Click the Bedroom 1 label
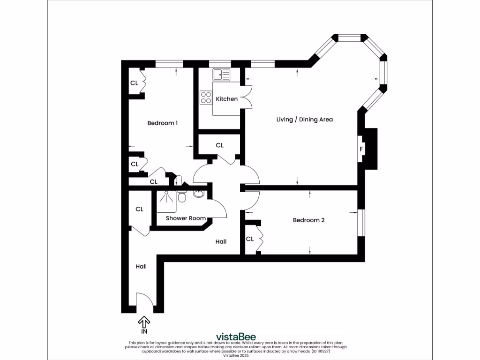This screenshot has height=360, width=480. pyautogui.click(x=162, y=123)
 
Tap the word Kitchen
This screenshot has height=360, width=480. pyautogui.click(x=226, y=99)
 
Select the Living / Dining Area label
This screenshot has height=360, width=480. pyautogui.click(x=304, y=120)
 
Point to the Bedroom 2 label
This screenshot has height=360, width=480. pyautogui.click(x=308, y=220)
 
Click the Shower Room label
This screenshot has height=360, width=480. pyautogui.click(x=186, y=218)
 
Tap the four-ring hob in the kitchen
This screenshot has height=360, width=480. pyautogui.click(x=206, y=97)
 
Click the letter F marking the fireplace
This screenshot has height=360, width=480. pyautogui.click(x=361, y=150)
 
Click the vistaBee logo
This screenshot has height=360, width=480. pyautogui.click(x=235, y=337)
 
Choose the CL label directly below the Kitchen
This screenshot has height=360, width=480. pyautogui.click(x=220, y=145)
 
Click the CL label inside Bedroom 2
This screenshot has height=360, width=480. pyautogui.click(x=250, y=239)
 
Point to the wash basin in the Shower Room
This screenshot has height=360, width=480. pyautogui.click(x=198, y=194)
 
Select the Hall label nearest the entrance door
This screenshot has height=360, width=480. pyautogui.click(x=141, y=266)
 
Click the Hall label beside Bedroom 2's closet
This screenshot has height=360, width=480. pyautogui.click(x=221, y=241)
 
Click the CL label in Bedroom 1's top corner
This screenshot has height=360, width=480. pyautogui.click(x=134, y=83)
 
